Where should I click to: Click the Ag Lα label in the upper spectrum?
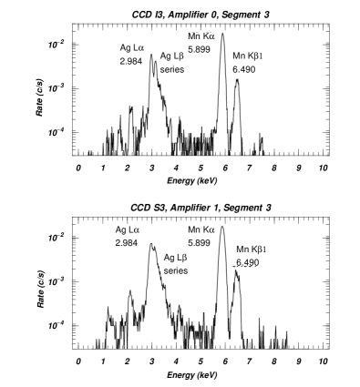tap(130, 47)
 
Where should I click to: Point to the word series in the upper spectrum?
tap(171, 68)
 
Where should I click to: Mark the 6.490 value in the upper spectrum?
tap(244, 68)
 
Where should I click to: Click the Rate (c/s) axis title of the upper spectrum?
tap(37, 89)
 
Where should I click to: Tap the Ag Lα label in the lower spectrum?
tap(127, 230)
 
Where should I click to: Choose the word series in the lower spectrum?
tap(175, 270)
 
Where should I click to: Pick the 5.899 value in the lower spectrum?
tap(199, 243)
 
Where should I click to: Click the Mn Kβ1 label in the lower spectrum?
tap(251, 250)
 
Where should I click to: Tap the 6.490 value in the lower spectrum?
tap(247, 262)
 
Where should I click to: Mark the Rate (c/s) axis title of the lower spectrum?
tap(38, 284)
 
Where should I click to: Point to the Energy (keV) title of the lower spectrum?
tap(192, 375)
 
